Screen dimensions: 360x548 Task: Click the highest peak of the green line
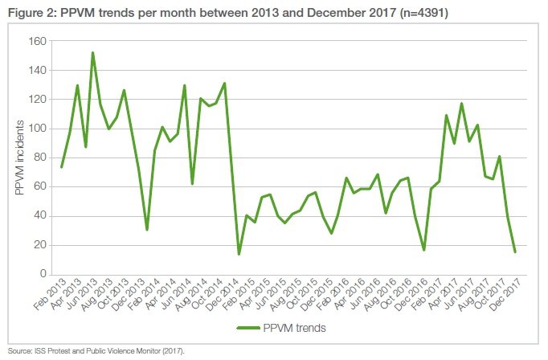click(x=93, y=53)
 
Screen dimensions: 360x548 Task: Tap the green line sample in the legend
click(x=254, y=328)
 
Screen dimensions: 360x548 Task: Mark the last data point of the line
click(x=514, y=252)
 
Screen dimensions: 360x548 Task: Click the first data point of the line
click(x=62, y=167)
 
